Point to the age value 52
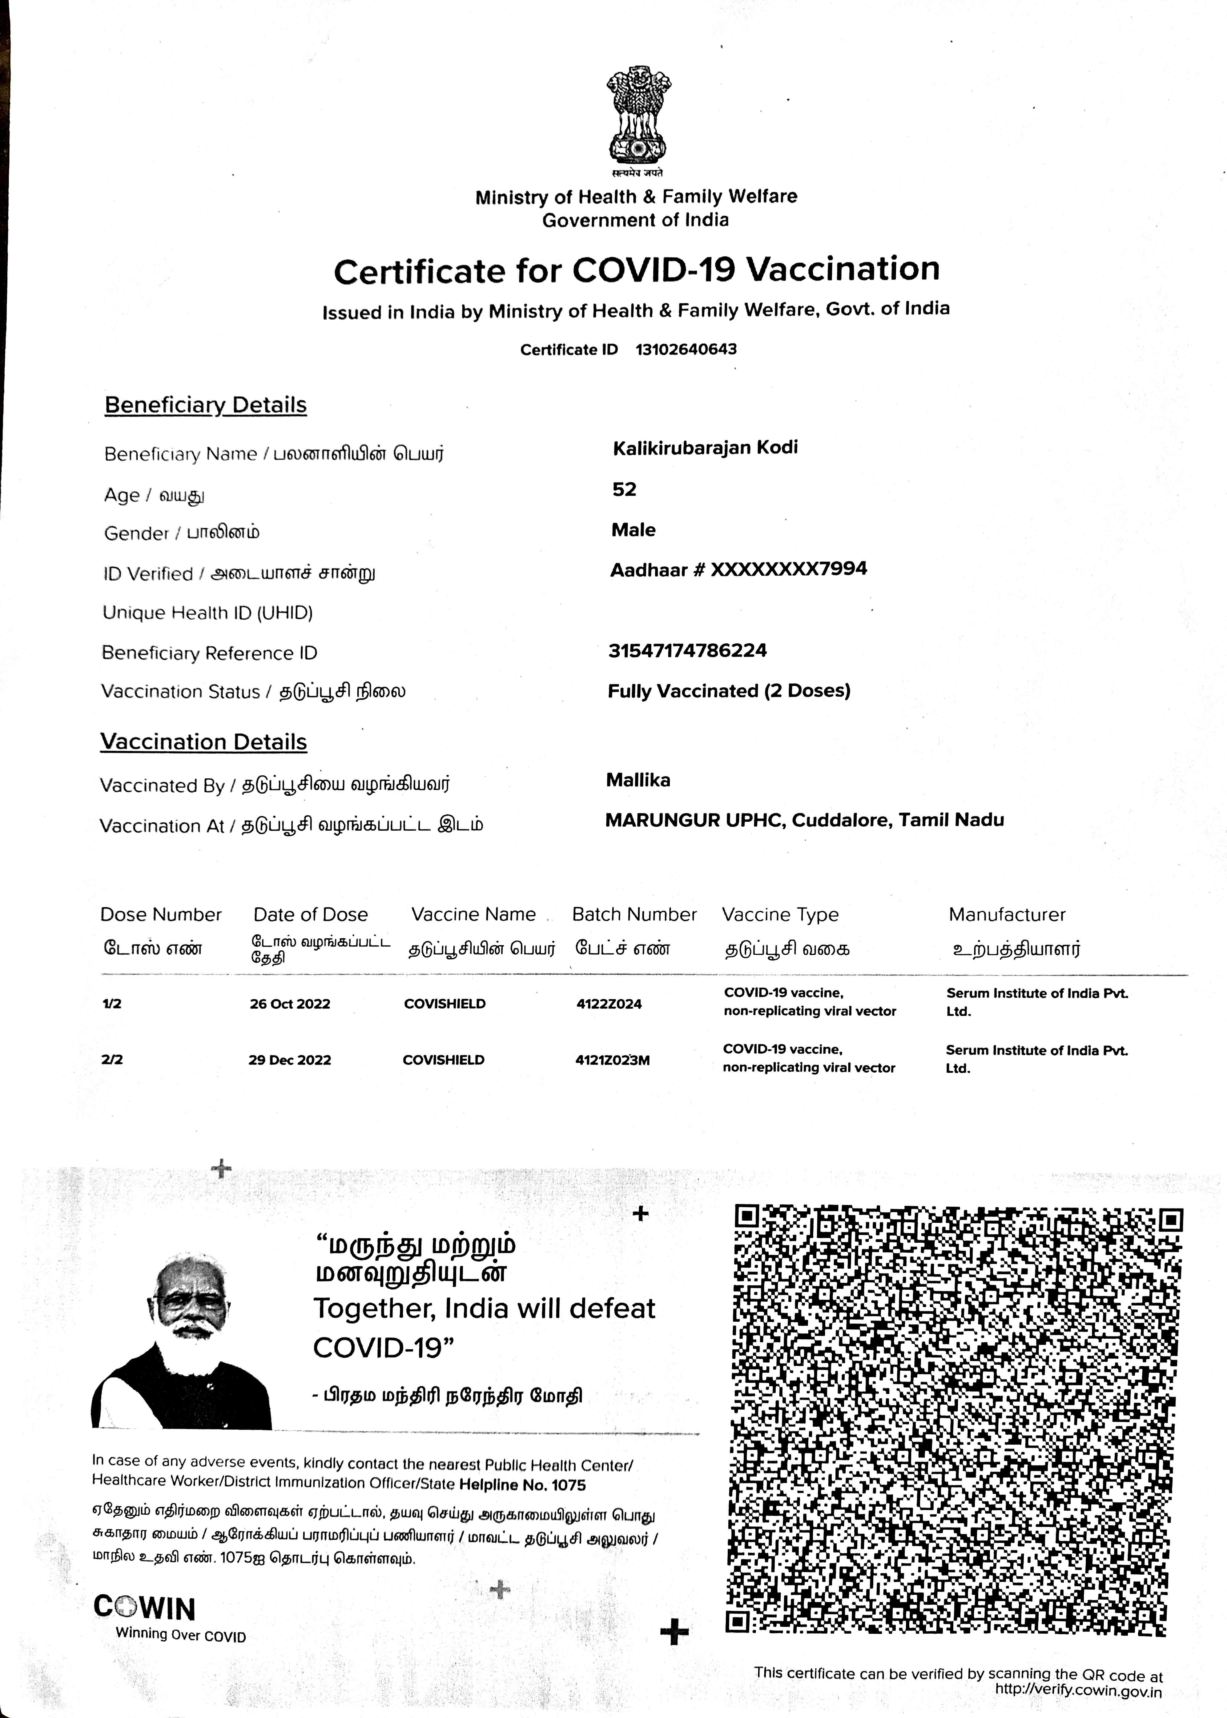click(x=624, y=489)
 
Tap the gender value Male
click(x=633, y=530)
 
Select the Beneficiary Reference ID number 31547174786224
click(x=687, y=650)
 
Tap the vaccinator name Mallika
click(x=638, y=780)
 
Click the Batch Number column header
click(x=634, y=914)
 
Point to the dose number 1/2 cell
click(x=112, y=1004)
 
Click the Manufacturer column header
click(x=1006, y=914)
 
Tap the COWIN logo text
click(x=144, y=1608)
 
